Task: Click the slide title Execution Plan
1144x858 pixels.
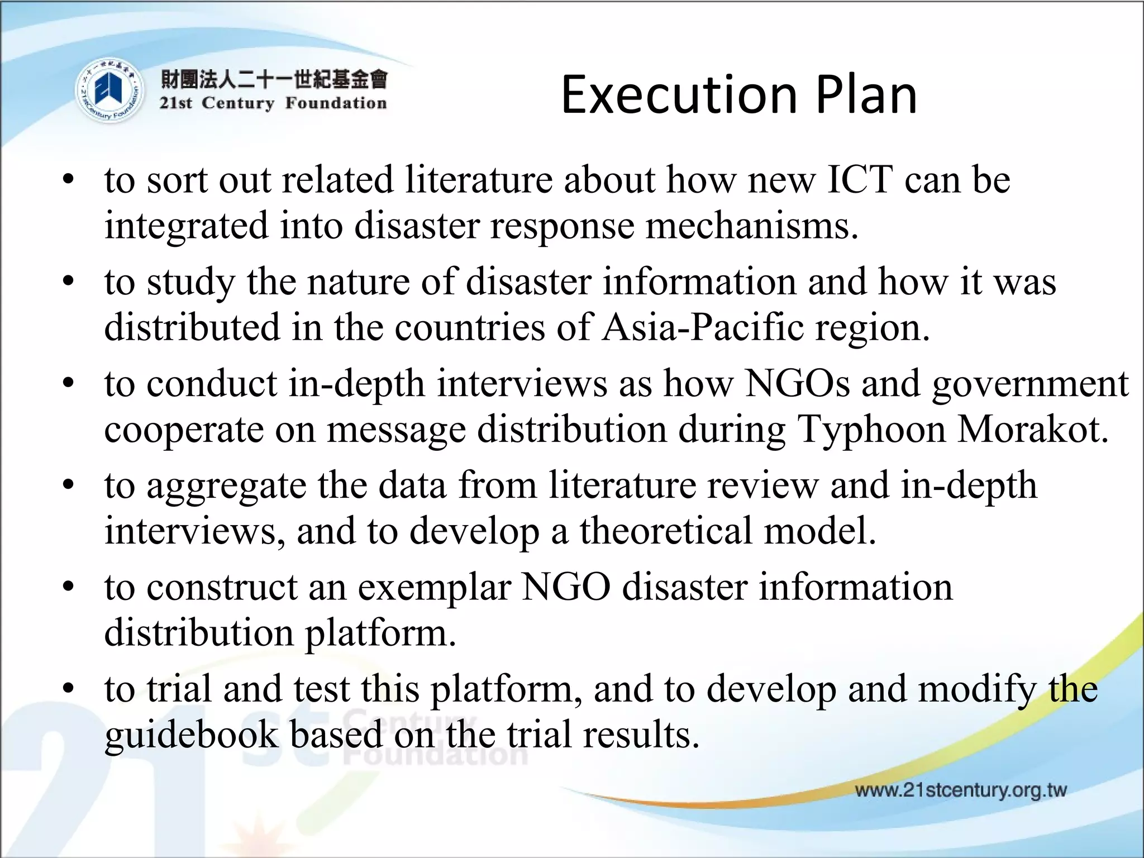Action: coord(738,95)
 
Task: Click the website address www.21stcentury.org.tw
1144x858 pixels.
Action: coord(960,790)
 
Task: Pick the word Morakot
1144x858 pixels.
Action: coord(1033,429)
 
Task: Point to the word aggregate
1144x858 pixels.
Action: coord(227,487)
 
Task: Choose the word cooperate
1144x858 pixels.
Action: coord(184,430)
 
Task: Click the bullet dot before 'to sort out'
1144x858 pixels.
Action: coord(68,180)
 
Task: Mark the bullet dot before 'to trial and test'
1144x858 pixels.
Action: coord(68,689)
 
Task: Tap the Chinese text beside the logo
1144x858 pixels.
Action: coord(274,80)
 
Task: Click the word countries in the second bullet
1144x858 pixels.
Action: coord(469,327)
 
